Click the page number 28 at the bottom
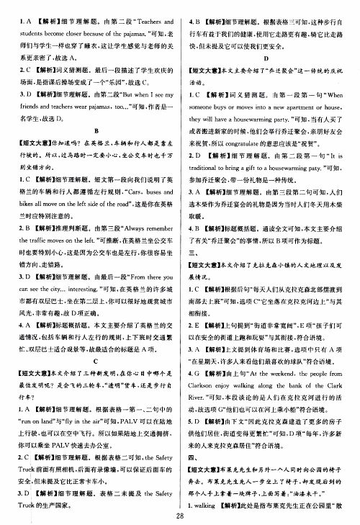click(180, 514)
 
